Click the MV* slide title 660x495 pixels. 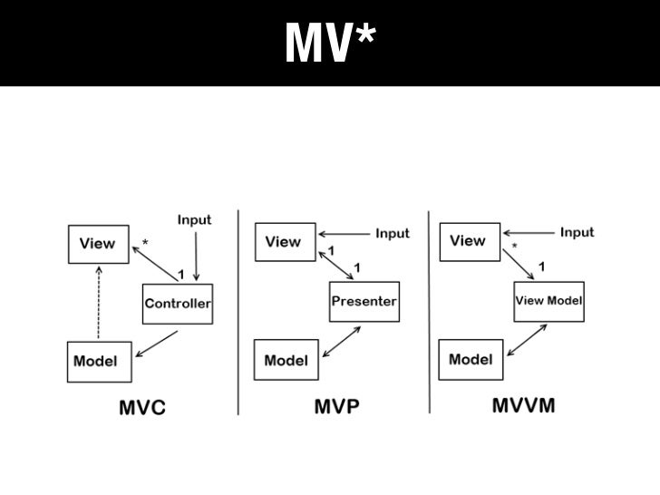tap(330, 43)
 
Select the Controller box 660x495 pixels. tap(178, 304)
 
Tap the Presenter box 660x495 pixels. tap(363, 300)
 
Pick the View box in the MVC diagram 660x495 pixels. tap(97, 243)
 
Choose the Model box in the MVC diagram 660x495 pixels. tap(95, 361)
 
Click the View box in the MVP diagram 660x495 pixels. tap(283, 242)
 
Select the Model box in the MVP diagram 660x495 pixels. tap(286, 361)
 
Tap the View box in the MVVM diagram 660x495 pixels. tap(468, 241)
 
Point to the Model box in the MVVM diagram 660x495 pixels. tap(471, 359)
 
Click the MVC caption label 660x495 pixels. tap(143, 408)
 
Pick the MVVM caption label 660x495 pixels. tap(523, 405)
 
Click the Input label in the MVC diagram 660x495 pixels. tap(193, 219)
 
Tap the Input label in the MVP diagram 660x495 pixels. tap(392, 234)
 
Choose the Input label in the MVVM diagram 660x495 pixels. tap(577, 233)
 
